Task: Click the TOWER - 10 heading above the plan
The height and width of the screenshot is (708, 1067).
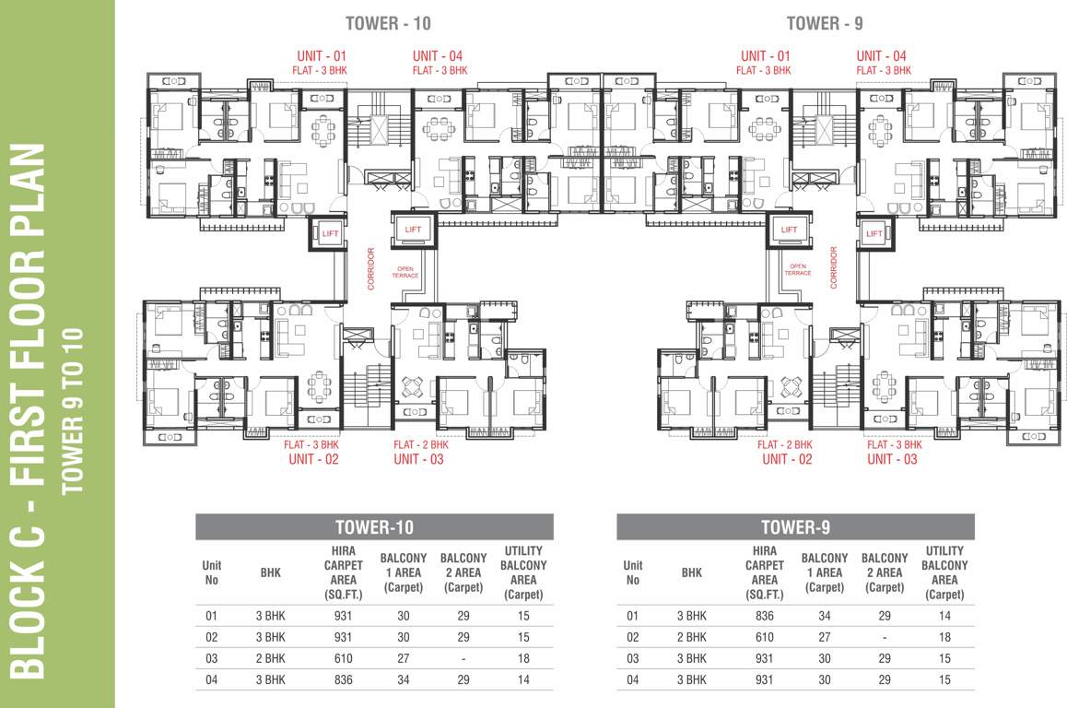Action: (x=388, y=23)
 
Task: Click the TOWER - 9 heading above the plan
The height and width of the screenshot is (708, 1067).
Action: (x=825, y=23)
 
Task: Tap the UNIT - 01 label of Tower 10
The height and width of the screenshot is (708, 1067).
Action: (x=322, y=56)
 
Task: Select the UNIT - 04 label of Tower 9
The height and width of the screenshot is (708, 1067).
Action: (x=881, y=56)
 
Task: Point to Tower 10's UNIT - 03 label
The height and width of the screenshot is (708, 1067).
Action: (x=418, y=459)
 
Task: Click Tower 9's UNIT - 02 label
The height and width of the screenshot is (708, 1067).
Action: (x=787, y=459)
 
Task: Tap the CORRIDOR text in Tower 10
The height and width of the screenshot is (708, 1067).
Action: (x=370, y=268)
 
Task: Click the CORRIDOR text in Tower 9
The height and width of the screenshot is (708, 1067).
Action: (x=834, y=267)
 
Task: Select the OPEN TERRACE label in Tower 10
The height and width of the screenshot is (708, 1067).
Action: (x=405, y=272)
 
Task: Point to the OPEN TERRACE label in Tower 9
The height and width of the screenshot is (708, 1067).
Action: (x=798, y=269)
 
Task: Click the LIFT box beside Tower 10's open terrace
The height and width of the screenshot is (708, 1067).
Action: (x=413, y=230)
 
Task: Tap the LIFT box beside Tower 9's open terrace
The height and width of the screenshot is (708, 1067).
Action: (x=789, y=230)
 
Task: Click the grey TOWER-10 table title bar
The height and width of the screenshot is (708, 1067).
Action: (x=374, y=527)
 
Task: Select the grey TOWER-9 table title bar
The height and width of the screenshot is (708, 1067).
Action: (x=795, y=527)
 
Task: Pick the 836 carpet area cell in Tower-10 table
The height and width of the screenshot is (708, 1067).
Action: (x=343, y=679)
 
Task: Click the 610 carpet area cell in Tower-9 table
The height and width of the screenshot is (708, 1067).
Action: (x=764, y=637)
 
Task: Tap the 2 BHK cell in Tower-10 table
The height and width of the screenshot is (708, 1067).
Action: (x=271, y=658)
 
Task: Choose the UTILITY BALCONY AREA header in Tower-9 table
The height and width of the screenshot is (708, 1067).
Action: (x=944, y=572)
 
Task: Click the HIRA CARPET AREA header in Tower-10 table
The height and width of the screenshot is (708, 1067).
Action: (x=343, y=572)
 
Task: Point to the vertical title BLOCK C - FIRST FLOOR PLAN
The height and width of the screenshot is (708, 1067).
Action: (x=29, y=412)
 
